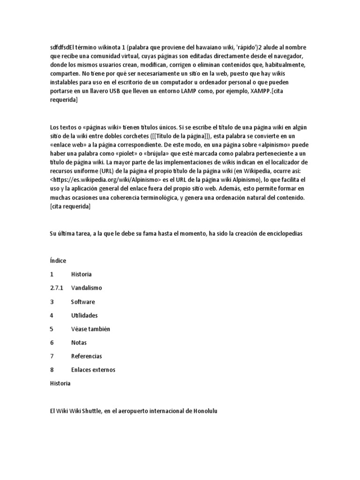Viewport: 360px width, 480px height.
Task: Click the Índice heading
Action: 58,261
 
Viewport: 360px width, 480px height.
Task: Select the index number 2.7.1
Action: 56,288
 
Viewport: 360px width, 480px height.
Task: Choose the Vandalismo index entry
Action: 86,288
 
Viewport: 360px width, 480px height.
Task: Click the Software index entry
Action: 83,302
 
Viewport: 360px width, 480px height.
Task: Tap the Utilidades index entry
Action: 84,315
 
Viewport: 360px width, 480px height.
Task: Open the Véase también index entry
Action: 90,329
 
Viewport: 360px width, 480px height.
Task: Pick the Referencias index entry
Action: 86,356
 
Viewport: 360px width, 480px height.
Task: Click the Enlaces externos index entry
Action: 93,370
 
